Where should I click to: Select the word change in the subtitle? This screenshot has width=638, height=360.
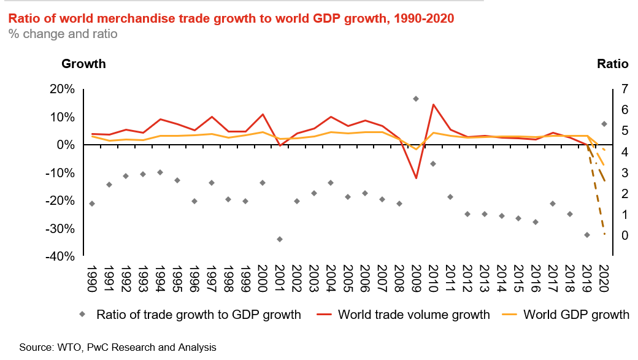[x=41, y=34]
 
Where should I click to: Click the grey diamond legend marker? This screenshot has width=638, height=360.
[x=82, y=314]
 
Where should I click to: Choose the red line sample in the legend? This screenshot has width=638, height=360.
[x=324, y=314]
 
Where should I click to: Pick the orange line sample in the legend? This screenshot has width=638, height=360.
[x=509, y=314]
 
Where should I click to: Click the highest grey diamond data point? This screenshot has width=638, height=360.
[x=416, y=99]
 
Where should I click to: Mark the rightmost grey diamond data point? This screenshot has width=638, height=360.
[x=604, y=124]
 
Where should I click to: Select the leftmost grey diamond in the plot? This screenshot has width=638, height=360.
[x=92, y=204]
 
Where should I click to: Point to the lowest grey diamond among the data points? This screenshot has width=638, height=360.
[x=280, y=239]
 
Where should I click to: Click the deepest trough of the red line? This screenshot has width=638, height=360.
[x=416, y=178]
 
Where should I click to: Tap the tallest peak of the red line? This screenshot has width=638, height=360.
[x=434, y=104]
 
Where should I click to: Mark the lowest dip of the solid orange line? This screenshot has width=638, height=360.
[x=416, y=149]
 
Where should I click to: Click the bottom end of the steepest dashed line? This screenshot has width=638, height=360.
[x=605, y=234]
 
